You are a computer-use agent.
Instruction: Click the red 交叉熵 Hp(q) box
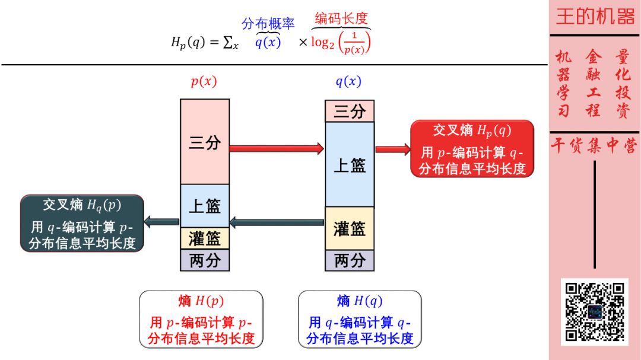click(x=472, y=149)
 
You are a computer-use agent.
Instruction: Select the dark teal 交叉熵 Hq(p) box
click(x=82, y=223)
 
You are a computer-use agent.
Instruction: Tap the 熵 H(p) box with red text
click(x=201, y=318)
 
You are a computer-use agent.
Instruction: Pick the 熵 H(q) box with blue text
click(x=360, y=318)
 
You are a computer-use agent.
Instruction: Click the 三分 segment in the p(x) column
click(x=205, y=142)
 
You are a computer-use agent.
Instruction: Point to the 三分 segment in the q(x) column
click(x=350, y=111)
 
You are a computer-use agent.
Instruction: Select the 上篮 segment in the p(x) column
click(x=205, y=205)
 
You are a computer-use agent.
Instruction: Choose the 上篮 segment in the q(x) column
click(x=350, y=164)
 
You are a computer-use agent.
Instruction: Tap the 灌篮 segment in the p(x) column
click(x=205, y=238)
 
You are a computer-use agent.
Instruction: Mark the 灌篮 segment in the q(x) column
click(x=350, y=228)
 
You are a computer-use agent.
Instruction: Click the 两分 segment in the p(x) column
click(x=205, y=260)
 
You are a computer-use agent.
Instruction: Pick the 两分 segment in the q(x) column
click(x=350, y=260)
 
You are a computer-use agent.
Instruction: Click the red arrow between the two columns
click(x=277, y=148)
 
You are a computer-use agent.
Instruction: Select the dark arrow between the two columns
click(x=277, y=223)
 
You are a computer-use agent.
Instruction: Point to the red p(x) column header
click(x=204, y=82)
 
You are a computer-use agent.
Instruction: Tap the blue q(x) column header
click(x=348, y=82)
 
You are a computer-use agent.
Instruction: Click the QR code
click(x=595, y=311)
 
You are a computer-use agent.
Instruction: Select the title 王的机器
click(x=595, y=17)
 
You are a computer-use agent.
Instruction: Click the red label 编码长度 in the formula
click(x=341, y=18)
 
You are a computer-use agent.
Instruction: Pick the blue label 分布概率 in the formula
click(x=268, y=24)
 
